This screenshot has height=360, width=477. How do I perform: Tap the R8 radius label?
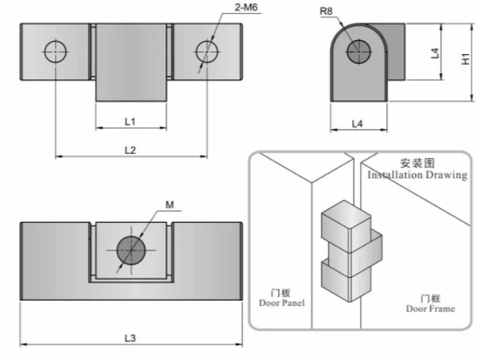pos(327,13)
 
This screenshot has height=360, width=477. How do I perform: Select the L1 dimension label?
pos(130,121)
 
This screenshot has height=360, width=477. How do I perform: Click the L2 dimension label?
pos(130,149)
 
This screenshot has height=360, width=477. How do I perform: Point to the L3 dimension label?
pos(130,337)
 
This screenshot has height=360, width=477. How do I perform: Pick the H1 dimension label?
pos(466,61)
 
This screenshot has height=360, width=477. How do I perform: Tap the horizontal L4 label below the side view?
pos(357,123)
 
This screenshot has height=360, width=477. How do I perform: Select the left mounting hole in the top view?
pos(55,51)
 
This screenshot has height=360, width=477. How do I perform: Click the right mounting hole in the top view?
pos(207,51)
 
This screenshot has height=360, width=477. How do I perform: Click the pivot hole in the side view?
pos(358,49)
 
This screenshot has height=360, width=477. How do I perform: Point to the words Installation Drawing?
pos(417,175)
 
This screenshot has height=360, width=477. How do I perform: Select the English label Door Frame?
pos(430,308)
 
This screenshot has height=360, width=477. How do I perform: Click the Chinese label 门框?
pos(430,297)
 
